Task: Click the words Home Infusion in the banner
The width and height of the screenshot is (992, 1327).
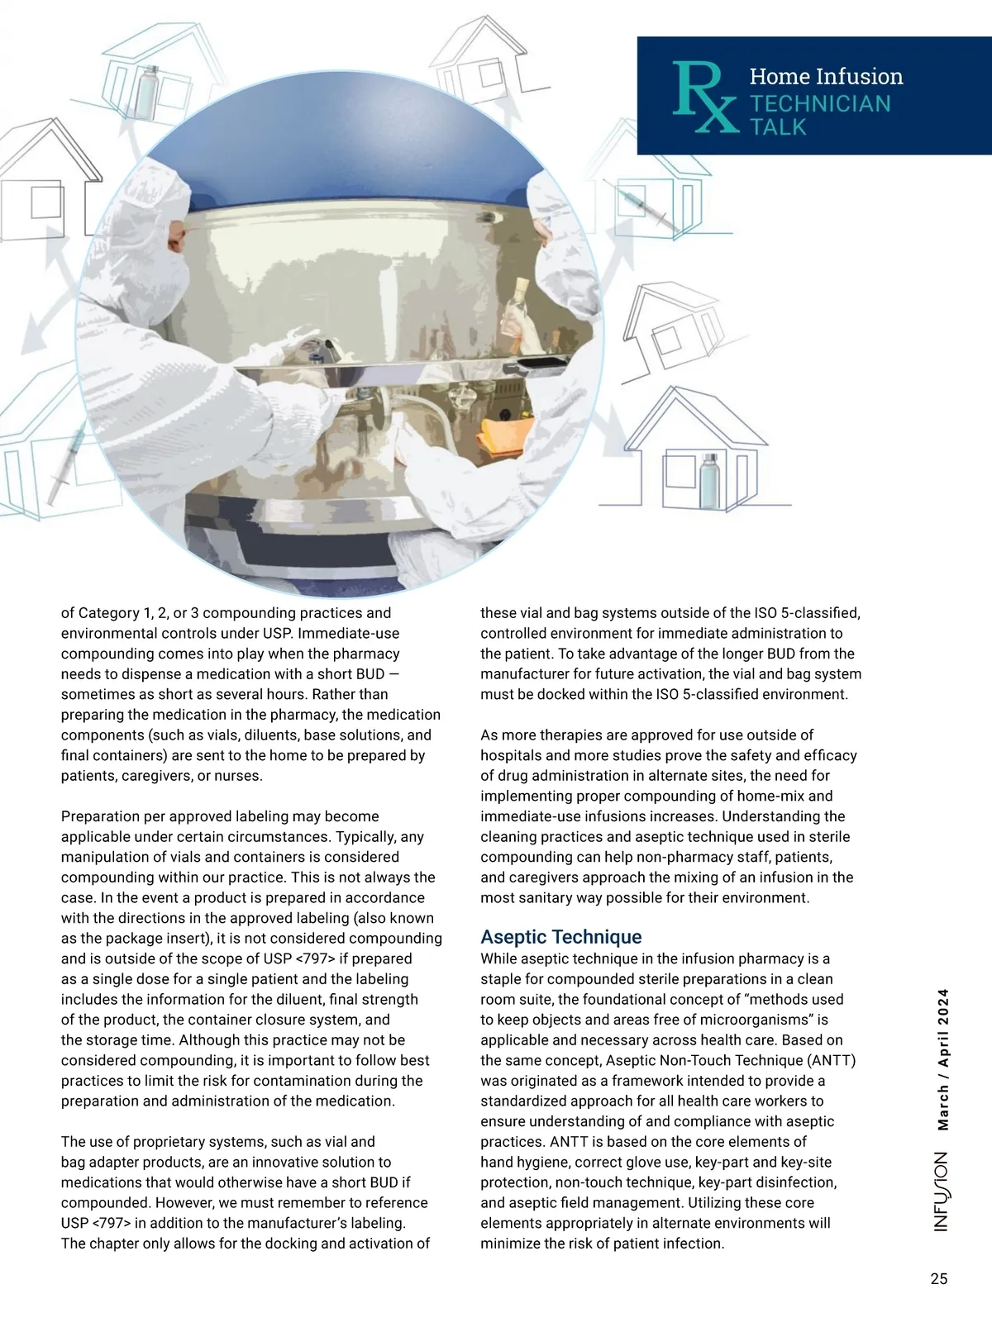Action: (826, 77)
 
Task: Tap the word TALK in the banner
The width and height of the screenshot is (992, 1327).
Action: (778, 127)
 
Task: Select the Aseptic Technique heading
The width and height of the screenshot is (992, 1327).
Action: (561, 937)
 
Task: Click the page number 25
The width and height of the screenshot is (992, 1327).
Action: (938, 1279)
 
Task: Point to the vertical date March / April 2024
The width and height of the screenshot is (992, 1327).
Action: (943, 1059)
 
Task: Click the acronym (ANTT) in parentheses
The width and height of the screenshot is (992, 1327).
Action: (830, 1060)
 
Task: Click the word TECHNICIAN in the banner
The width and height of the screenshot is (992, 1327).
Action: (820, 103)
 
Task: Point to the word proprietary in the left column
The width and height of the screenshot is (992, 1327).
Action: (165, 1142)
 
